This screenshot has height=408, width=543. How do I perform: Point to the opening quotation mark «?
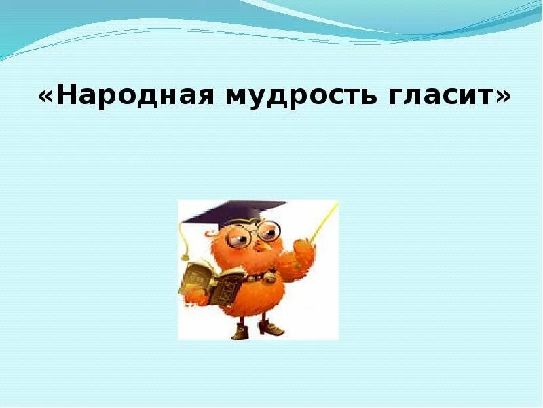click(46, 98)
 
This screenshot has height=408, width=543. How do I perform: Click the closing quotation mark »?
click(502, 98)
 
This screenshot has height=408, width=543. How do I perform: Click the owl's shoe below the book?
click(239, 331)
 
